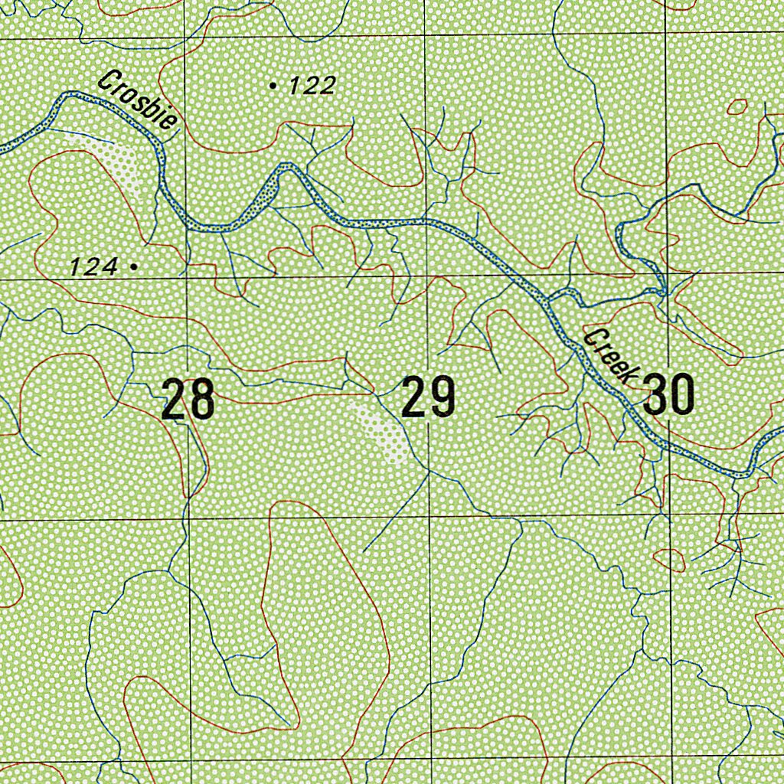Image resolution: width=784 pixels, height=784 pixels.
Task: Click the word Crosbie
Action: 140,99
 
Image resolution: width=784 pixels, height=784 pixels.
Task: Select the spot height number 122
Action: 312,86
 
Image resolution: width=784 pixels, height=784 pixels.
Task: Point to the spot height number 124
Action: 93,266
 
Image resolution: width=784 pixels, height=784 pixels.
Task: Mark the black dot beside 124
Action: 134,266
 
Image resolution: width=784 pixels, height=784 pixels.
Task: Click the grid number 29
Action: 429,397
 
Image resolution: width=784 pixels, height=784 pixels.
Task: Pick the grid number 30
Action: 669,395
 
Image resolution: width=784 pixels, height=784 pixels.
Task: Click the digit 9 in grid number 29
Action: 442,397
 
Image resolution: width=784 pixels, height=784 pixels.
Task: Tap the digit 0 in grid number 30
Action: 682,395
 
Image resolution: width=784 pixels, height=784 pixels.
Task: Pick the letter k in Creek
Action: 630,374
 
